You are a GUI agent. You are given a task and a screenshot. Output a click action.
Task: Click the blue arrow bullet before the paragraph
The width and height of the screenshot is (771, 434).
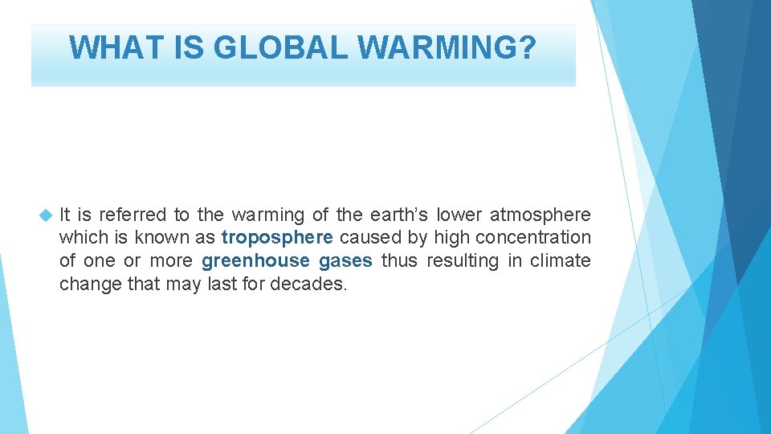click(45, 215)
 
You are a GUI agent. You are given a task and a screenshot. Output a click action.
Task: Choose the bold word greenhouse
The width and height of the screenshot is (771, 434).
click(255, 261)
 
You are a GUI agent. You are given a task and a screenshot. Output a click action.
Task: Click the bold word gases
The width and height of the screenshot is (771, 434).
click(345, 261)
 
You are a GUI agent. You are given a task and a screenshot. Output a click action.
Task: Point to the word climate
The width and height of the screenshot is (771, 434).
click(561, 261)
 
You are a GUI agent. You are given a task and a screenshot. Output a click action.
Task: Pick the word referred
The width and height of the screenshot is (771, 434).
click(133, 215)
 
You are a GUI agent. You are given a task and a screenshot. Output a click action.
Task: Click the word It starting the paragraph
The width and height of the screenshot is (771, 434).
click(64, 215)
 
